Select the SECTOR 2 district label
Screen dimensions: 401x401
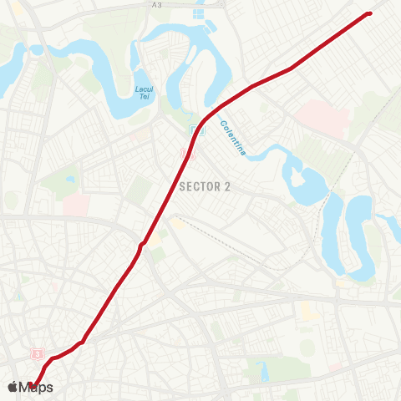(205, 186)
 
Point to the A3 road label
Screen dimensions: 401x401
(156, 5)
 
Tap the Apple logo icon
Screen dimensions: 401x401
(12, 387)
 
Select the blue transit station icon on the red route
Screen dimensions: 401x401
(194, 129)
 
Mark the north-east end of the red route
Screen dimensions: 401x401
(369, 13)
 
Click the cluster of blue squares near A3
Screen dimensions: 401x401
(200, 14)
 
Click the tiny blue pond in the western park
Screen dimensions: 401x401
(69, 178)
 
